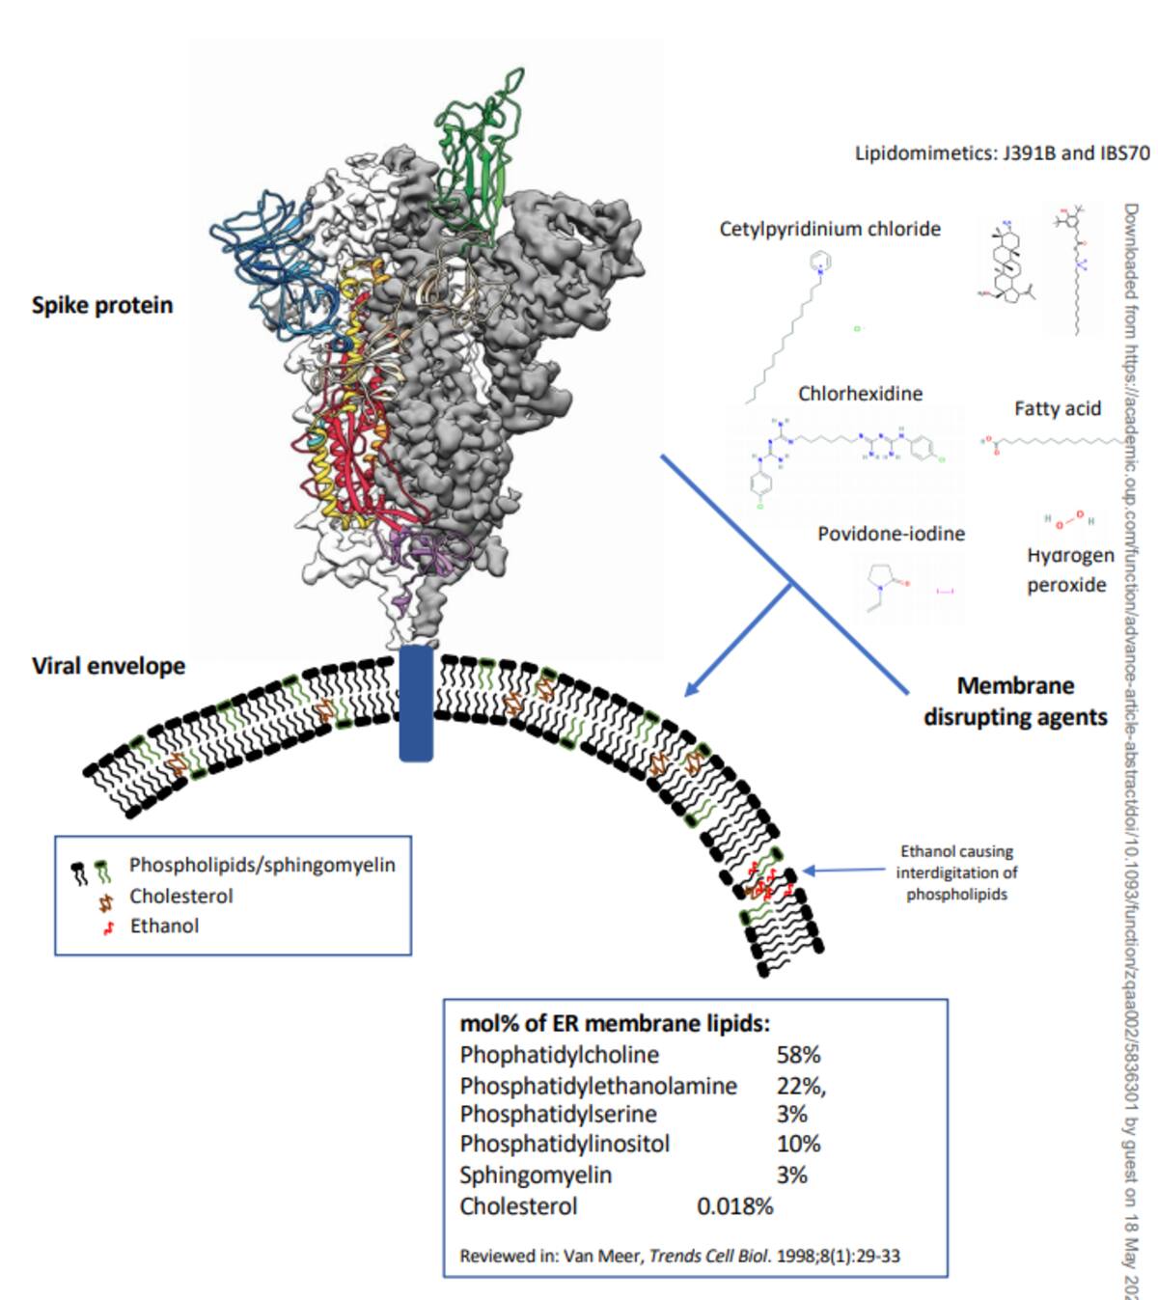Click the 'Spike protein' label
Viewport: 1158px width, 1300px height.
coord(102,305)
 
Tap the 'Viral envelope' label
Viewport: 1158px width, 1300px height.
coord(108,666)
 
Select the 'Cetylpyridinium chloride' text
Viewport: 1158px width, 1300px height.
coord(830,229)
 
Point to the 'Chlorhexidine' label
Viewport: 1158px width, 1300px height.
coord(860,394)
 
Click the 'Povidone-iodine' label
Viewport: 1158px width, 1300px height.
coord(891,534)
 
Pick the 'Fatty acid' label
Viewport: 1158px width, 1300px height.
coord(1057,408)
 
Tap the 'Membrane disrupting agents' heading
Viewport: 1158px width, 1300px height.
coord(1015,702)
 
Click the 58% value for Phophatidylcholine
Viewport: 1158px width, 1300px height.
coord(798,1055)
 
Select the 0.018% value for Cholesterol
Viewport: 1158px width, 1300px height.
coord(734,1206)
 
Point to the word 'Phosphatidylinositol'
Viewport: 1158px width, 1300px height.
coord(565,1145)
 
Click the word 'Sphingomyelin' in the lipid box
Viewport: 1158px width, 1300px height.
coord(536,1176)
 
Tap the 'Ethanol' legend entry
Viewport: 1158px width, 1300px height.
coord(164,927)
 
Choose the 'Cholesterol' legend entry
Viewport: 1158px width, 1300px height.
coord(181,897)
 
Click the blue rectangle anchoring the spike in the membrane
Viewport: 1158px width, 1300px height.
coord(416,704)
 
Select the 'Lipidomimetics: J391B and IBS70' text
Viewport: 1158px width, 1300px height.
coord(1002,153)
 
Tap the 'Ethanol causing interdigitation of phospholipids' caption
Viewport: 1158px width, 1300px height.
coord(955,872)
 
